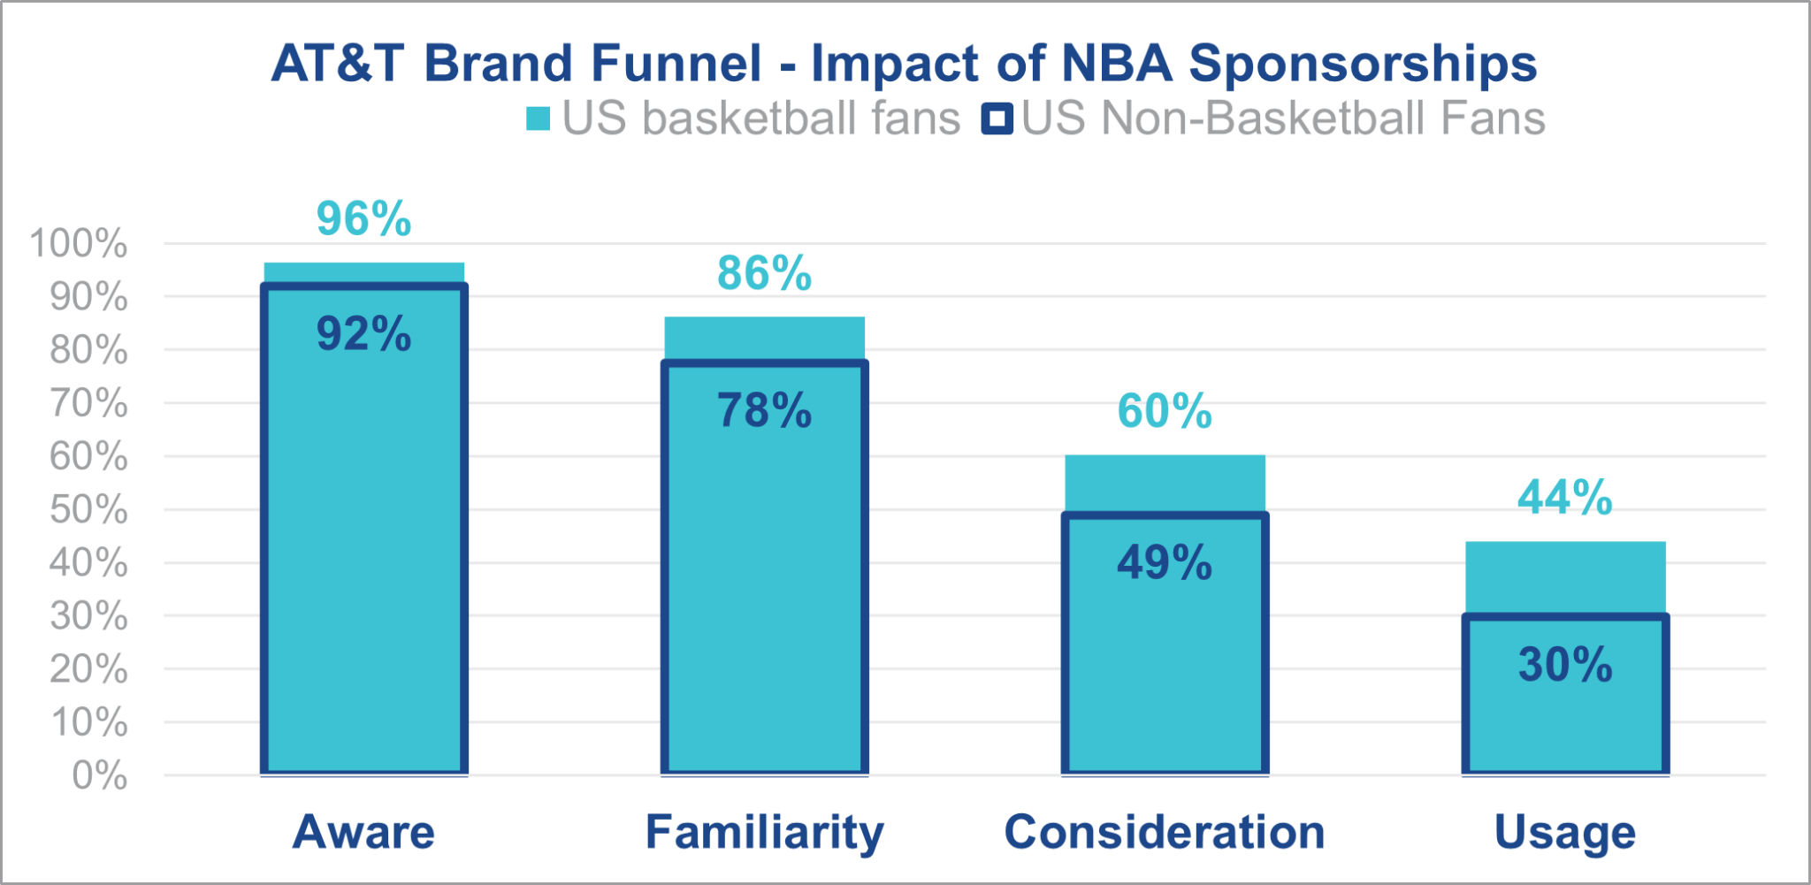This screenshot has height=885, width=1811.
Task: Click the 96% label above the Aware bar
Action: point(363,218)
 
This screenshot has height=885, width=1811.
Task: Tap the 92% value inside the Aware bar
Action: point(363,334)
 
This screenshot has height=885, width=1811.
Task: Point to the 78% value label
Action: point(764,411)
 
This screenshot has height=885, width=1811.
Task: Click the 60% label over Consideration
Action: point(1165,411)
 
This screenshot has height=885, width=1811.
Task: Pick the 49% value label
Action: point(1165,562)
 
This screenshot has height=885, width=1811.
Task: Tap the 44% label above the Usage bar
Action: point(1565,497)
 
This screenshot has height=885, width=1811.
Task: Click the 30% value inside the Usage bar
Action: point(1565,665)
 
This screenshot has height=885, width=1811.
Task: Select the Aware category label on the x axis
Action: point(363,832)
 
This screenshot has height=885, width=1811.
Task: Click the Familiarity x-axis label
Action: point(764,832)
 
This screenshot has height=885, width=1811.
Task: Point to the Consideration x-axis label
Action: point(1165,832)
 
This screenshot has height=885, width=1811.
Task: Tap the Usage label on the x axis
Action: point(1565,832)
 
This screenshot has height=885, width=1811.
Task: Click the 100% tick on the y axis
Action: point(79,243)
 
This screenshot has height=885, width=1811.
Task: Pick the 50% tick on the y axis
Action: point(88,510)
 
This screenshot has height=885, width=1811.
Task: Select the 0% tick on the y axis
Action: point(99,775)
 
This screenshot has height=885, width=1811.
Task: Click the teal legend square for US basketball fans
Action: point(538,118)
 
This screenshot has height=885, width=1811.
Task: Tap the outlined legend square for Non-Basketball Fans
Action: point(997,118)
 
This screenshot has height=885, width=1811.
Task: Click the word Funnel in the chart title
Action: point(676,64)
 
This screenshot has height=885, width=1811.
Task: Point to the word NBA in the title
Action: point(1117,64)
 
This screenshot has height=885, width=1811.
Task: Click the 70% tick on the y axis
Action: point(88,403)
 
